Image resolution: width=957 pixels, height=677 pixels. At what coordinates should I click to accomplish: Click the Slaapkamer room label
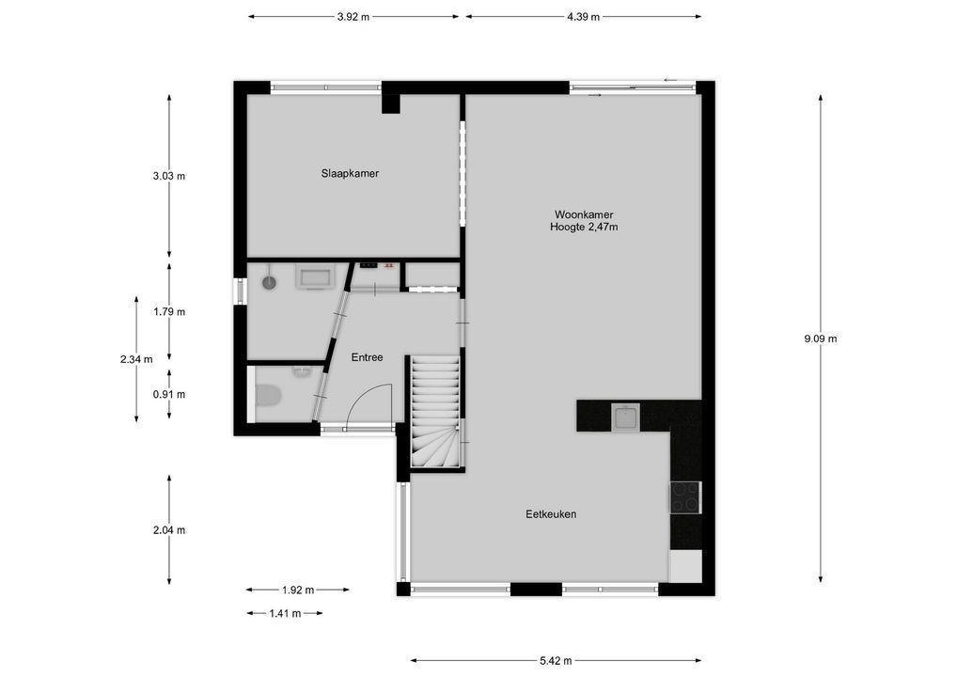point(350,173)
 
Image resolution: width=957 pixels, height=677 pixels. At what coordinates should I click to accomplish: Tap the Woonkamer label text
point(584,215)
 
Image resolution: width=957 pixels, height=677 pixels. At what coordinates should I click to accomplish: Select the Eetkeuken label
point(551,514)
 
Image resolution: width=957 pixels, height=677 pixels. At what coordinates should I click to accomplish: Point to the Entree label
point(367,357)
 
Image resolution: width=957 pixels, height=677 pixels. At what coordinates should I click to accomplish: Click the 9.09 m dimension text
point(821,338)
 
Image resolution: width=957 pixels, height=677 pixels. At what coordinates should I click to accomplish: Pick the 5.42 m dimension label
point(556,660)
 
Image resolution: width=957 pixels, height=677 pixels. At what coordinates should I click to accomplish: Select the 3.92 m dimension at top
point(353,17)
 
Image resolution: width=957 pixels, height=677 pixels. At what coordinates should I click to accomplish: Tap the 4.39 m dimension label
point(583,17)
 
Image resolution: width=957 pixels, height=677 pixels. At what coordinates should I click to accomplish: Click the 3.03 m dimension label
point(169,177)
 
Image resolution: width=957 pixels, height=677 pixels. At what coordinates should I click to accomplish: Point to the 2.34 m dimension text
point(136,359)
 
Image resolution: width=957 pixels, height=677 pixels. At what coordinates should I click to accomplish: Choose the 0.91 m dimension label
point(169,395)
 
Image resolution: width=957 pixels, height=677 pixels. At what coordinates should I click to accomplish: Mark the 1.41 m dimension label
point(285,613)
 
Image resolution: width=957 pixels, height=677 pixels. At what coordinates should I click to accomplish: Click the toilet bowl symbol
point(267,396)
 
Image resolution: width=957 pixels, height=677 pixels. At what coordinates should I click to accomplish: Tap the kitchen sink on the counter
point(625,418)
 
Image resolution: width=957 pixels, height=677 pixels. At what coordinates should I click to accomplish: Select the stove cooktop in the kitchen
point(685,496)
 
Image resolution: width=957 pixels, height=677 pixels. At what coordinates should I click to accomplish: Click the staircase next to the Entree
point(435,412)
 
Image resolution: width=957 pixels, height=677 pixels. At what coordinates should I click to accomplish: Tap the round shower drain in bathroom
point(269,282)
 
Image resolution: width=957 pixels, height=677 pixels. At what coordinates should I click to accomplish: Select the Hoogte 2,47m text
point(584,228)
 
